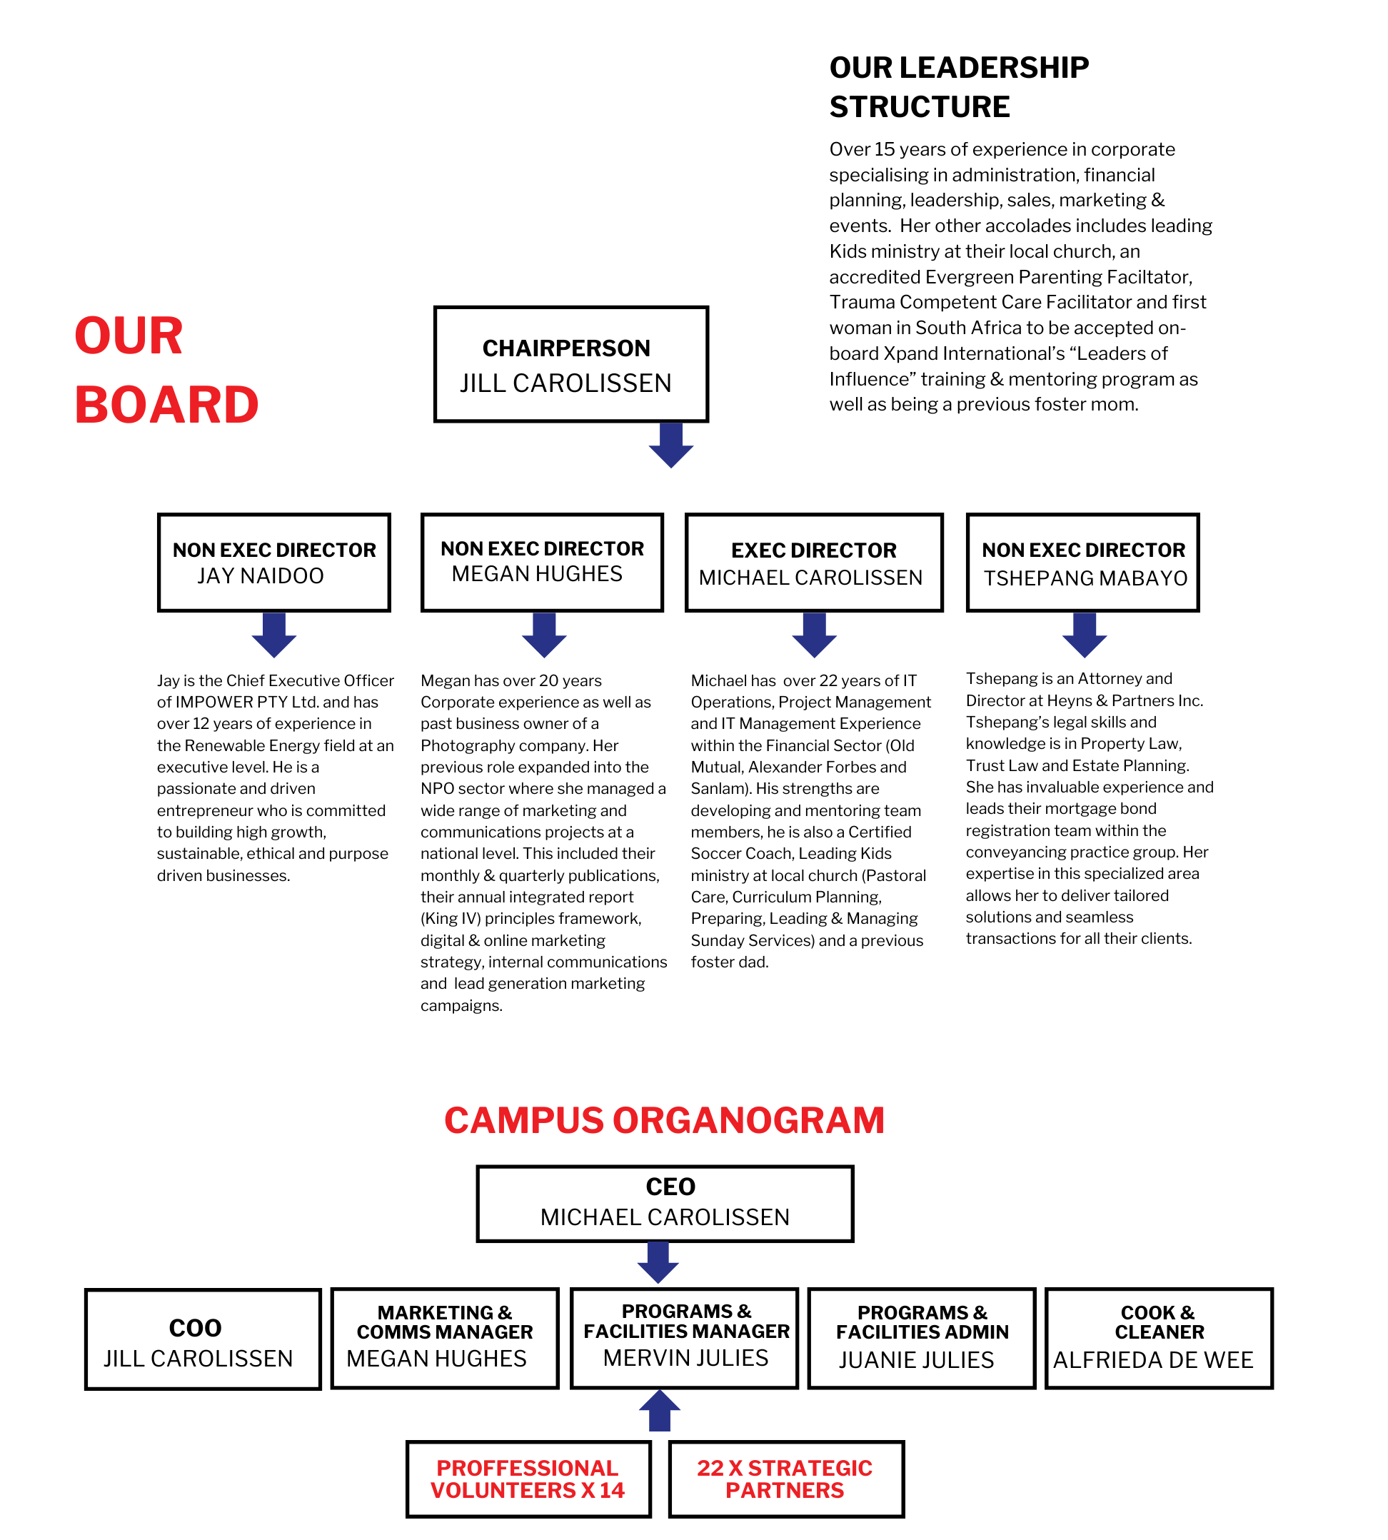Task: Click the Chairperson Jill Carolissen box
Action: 570,365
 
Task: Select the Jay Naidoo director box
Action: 273,562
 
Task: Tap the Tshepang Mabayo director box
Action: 1082,562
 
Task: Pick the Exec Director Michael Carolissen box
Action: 814,562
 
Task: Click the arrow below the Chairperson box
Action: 670,446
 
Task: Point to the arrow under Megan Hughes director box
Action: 544,635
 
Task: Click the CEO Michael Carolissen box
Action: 664,1203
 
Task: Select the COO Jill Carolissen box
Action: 202,1339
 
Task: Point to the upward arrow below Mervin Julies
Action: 659,1410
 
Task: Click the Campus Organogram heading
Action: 664,1120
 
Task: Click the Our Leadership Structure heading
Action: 958,87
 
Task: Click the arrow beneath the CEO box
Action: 658,1262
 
